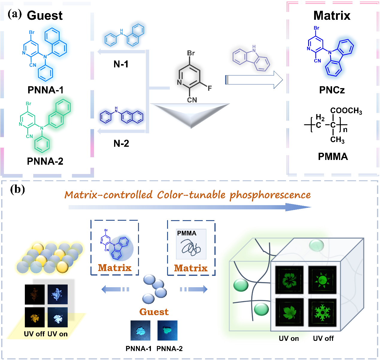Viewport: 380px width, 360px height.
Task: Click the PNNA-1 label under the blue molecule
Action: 46,90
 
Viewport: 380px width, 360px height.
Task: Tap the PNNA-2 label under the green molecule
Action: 45,161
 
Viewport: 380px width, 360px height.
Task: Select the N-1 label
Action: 121,64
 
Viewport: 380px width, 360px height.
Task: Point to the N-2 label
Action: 121,143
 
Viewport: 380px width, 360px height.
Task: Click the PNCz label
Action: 332,90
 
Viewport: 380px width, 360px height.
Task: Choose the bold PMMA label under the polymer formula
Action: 333,156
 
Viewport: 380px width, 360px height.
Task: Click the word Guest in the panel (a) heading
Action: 45,15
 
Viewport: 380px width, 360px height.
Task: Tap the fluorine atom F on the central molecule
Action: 210,88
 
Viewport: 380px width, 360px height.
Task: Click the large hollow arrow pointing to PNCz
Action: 254,80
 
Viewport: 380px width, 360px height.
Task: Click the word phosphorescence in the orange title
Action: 270,195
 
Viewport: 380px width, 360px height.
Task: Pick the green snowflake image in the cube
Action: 322,313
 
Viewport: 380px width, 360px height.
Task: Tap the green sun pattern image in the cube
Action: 322,280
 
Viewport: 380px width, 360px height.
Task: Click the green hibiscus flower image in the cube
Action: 289,280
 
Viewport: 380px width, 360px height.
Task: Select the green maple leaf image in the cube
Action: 289,312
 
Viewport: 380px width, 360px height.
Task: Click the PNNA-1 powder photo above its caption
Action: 140,330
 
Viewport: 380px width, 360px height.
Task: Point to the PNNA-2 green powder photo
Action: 167,330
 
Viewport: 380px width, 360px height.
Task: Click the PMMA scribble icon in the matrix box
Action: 191,244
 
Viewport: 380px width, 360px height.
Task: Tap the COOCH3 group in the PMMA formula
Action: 346,111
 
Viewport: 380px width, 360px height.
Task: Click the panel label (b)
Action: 17,189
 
